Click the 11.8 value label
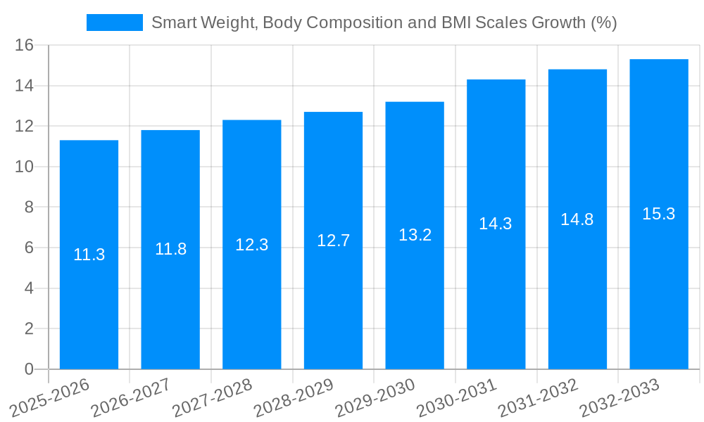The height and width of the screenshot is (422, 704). pos(170,249)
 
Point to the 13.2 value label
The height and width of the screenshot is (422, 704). pos(415,235)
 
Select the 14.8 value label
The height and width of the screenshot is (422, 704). pos(577,219)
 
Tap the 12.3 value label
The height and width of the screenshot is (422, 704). pos(251,245)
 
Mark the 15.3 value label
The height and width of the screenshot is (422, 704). pos(659,214)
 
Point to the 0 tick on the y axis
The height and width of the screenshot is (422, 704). pos(29,369)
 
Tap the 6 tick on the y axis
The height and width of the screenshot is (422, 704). pos(29,248)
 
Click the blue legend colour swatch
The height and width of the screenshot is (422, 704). pos(114,23)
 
